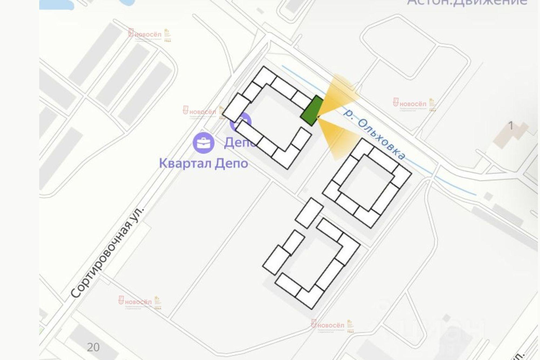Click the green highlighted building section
(x=312, y=111)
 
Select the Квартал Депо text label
(x=204, y=164)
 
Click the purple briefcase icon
(x=204, y=143)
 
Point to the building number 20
(x=93, y=347)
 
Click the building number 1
(x=511, y=126)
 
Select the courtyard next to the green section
(x=275, y=116)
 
